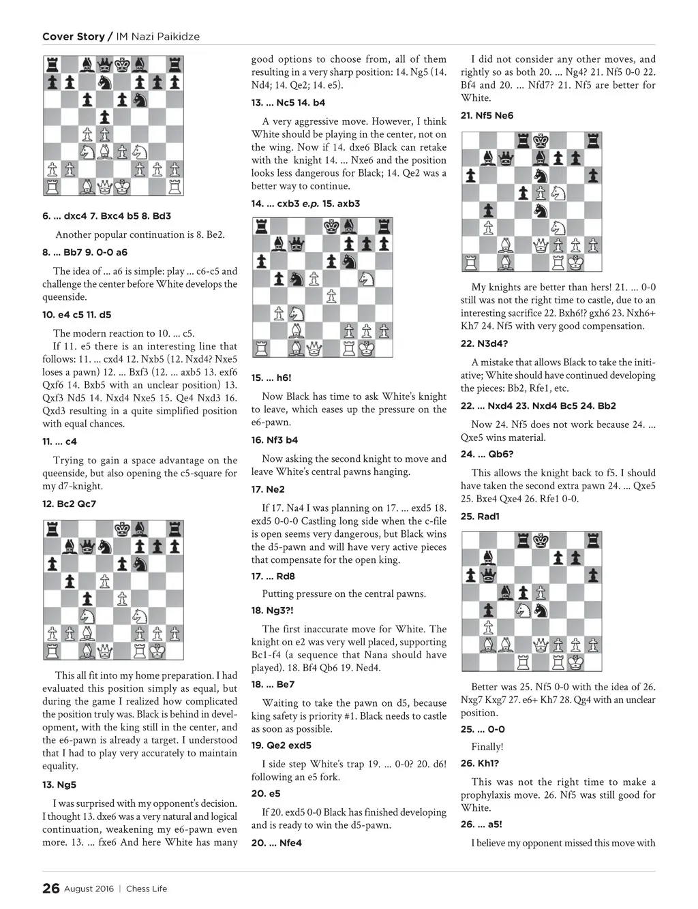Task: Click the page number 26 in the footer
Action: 50,889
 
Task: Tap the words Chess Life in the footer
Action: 147,889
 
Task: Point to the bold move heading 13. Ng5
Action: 59,784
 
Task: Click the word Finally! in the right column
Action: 487,747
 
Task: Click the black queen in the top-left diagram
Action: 105,65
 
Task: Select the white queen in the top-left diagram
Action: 105,186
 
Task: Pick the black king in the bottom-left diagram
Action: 122,528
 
